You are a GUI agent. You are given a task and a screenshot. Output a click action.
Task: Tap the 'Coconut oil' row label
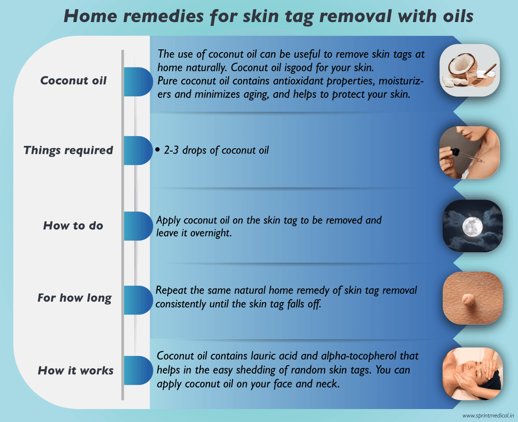[x=73, y=80]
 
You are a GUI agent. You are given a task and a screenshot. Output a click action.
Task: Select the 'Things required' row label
[x=68, y=150]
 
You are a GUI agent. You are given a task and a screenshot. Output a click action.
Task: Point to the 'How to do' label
[x=73, y=225]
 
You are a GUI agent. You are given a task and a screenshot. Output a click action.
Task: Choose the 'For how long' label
[x=74, y=298]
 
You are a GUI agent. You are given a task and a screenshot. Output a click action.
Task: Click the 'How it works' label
[x=76, y=370]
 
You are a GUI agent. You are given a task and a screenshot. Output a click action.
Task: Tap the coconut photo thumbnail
[x=470, y=71]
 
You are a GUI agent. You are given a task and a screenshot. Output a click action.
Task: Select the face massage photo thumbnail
[x=472, y=374]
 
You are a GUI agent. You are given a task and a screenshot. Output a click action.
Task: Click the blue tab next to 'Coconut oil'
[x=137, y=82]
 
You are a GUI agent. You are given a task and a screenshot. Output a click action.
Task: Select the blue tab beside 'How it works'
[x=137, y=370]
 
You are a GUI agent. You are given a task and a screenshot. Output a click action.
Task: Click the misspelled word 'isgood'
[x=274, y=68]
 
